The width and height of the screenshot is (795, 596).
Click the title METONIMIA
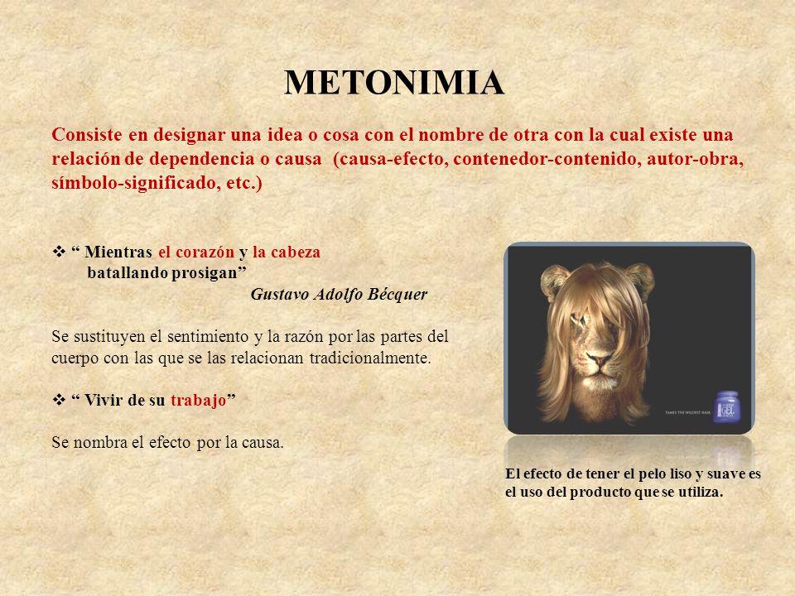[395, 83]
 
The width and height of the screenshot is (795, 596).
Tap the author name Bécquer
[399, 296]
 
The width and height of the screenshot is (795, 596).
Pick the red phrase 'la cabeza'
[286, 252]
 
